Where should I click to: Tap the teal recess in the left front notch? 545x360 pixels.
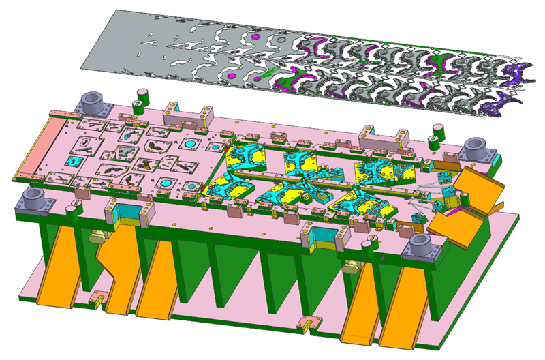tap(127, 213)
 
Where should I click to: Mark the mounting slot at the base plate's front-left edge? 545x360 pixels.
tap(99, 298)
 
